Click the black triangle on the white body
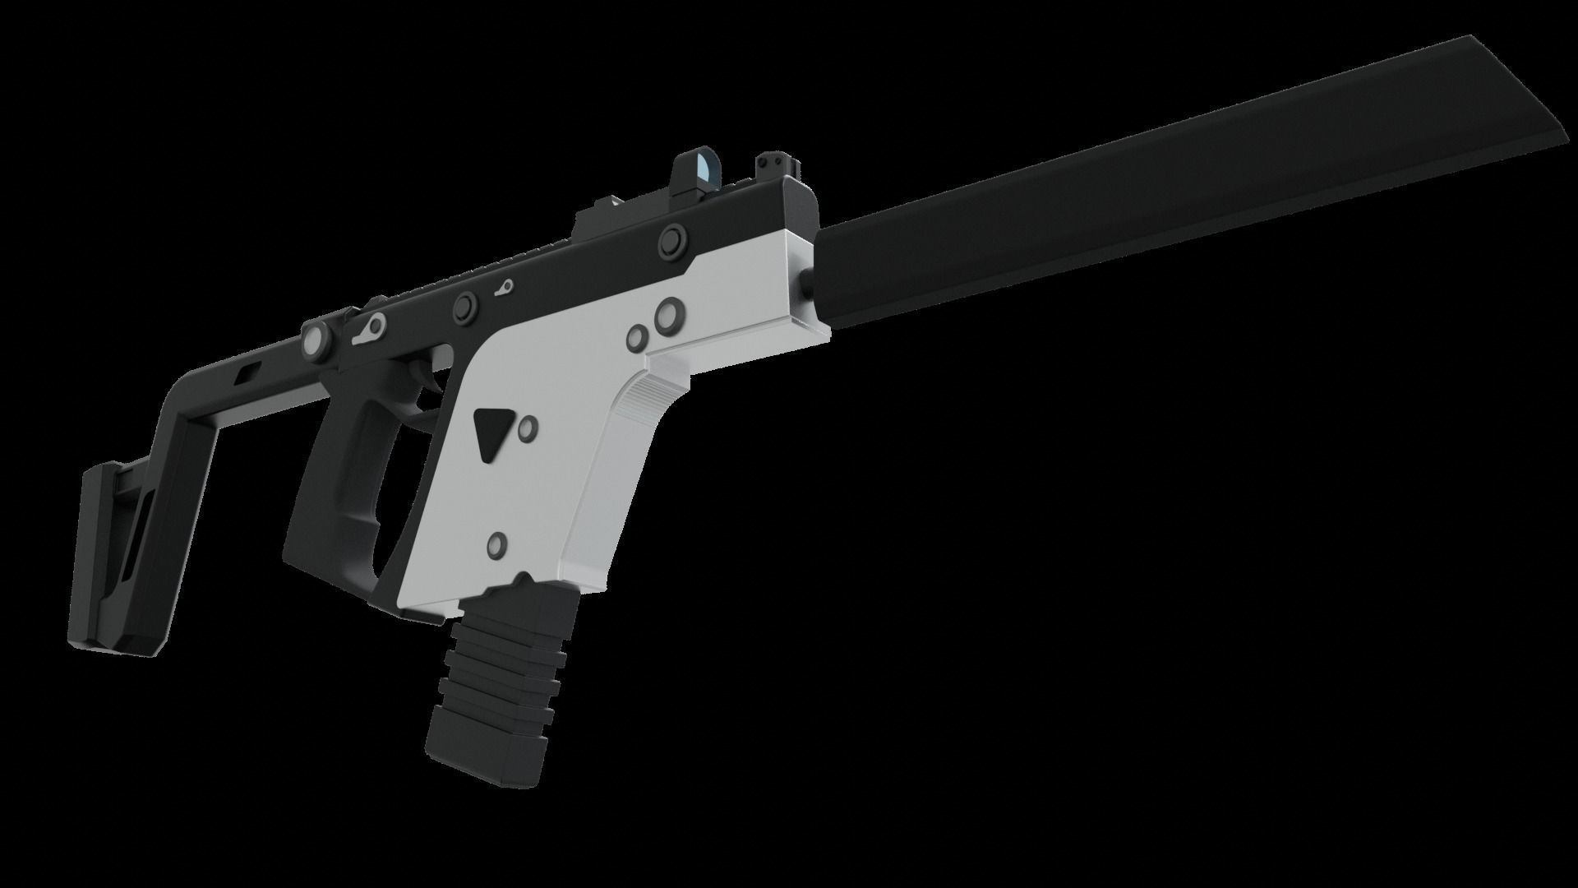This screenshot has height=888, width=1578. [491, 432]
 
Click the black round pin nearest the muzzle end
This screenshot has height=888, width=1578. [671, 241]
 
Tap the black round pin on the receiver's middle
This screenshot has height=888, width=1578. [466, 306]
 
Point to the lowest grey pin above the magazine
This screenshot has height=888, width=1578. [497, 543]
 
